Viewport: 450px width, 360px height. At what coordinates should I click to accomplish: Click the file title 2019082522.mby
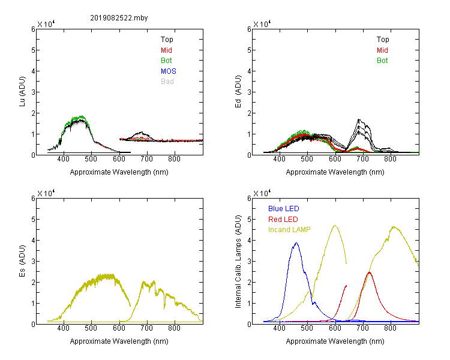119,18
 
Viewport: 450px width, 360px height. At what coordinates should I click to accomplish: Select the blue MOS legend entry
169,71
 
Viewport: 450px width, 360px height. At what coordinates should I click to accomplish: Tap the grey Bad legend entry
167,81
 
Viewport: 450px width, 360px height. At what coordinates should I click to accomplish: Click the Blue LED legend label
284,208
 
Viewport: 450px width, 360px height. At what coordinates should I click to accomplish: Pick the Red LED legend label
283,220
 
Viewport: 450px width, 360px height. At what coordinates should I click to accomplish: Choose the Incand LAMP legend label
289,230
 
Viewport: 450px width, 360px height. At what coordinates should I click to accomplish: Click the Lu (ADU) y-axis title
22,92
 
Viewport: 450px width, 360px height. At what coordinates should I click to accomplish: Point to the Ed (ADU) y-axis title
238,92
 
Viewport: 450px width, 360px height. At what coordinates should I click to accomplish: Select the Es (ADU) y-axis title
22,260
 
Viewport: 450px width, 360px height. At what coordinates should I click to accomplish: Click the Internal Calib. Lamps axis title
238,262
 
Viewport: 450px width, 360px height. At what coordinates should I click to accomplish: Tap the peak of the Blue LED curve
296,243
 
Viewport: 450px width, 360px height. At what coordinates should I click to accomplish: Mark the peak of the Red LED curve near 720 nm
370,272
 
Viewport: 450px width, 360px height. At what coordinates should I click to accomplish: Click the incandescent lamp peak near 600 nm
335,226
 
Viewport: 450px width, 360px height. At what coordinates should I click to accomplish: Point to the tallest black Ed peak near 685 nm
359,119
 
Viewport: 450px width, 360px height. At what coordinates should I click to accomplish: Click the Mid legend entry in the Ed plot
382,50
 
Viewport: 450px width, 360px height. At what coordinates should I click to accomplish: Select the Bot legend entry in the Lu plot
166,60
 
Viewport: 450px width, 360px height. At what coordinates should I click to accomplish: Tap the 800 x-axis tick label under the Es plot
174,328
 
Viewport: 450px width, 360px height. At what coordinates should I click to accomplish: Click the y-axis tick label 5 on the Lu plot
33,50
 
